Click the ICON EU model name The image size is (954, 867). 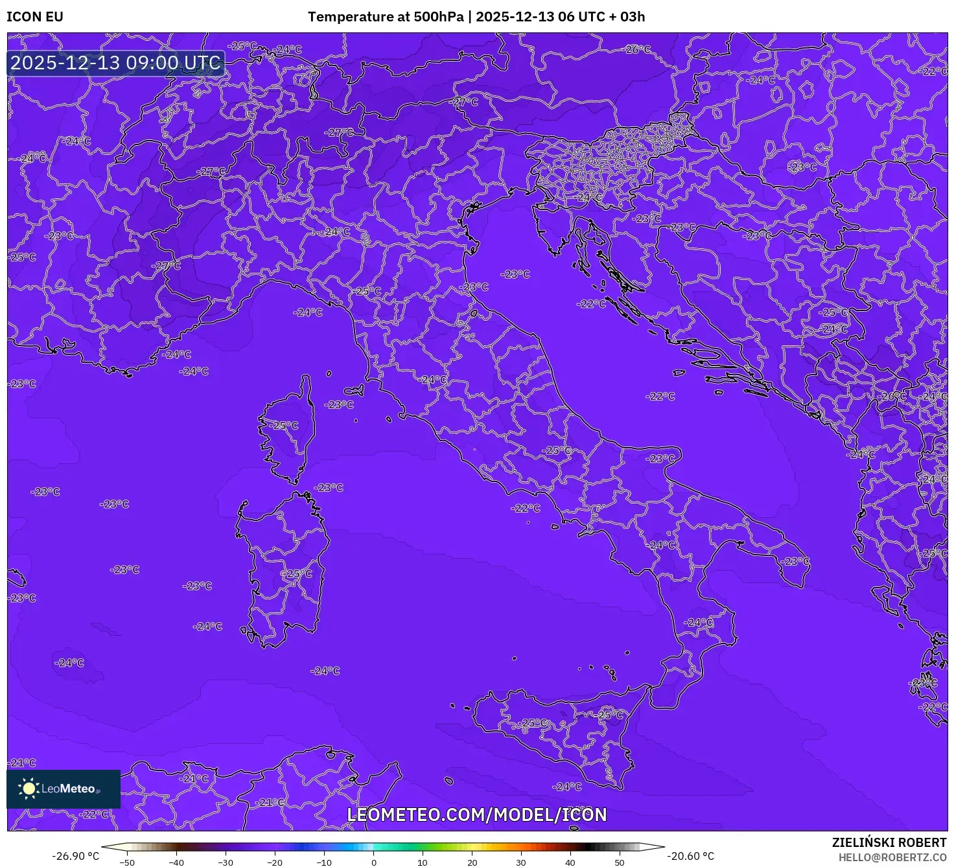pyautogui.click(x=35, y=17)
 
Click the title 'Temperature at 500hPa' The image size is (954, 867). pyautogui.click(x=386, y=17)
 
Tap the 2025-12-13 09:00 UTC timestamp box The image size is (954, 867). pyautogui.click(x=116, y=64)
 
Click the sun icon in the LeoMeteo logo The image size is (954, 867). pyautogui.click(x=29, y=789)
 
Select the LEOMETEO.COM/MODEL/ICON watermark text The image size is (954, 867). pyautogui.click(x=477, y=815)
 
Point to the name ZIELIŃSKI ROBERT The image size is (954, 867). pyautogui.click(x=889, y=842)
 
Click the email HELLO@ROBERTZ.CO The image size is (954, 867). pyautogui.click(x=892, y=857)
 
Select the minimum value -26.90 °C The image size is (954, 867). pyautogui.click(x=76, y=856)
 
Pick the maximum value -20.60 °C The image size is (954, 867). pyautogui.click(x=691, y=856)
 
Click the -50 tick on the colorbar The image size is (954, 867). pyautogui.click(x=127, y=862)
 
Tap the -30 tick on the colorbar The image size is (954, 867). pyautogui.click(x=226, y=862)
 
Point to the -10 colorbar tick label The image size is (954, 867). pyautogui.click(x=324, y=862)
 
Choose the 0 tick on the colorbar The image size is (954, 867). pyautogui.click(x=374, y=862)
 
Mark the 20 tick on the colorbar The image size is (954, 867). pyautogui.click(x=472, y=862)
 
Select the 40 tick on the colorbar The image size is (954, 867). pyautogui.click(x=570, y=862)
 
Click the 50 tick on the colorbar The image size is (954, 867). pyautogui.click(x=620, y=862)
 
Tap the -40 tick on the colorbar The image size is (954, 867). pyautogui.click(x=176, y=862)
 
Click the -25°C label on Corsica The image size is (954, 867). pyautogui.click(x=285, y=426)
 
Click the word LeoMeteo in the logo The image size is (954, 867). pyautogui.click(x=68, y=789)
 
